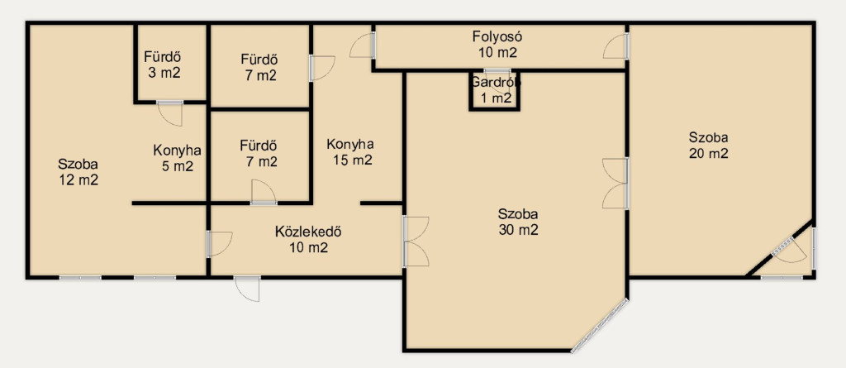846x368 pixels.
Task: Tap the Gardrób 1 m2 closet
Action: tap(494, 91)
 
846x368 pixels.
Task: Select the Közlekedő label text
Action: tap(309, 232)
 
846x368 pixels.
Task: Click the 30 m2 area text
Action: tap(518, 230)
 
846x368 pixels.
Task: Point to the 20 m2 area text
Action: tap(708, 153)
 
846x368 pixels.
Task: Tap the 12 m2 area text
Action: tap(78, 180)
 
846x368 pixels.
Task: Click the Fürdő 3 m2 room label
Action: tap(162, 65)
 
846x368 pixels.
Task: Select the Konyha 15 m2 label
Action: tap(349, 152)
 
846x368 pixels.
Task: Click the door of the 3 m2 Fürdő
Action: tap(169, 113)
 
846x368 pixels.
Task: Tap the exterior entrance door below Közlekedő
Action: tap(247, 289)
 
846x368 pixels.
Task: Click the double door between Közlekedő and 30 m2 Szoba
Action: tap(416, 241)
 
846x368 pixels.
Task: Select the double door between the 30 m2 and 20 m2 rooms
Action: tap(615, 184)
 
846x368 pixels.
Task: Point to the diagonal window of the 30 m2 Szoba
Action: tap(599, 326)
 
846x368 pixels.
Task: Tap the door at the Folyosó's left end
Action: tap(362, 45)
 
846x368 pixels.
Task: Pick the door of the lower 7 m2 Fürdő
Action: tap(264, 193)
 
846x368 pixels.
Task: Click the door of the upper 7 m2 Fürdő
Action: tap(321, 68)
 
